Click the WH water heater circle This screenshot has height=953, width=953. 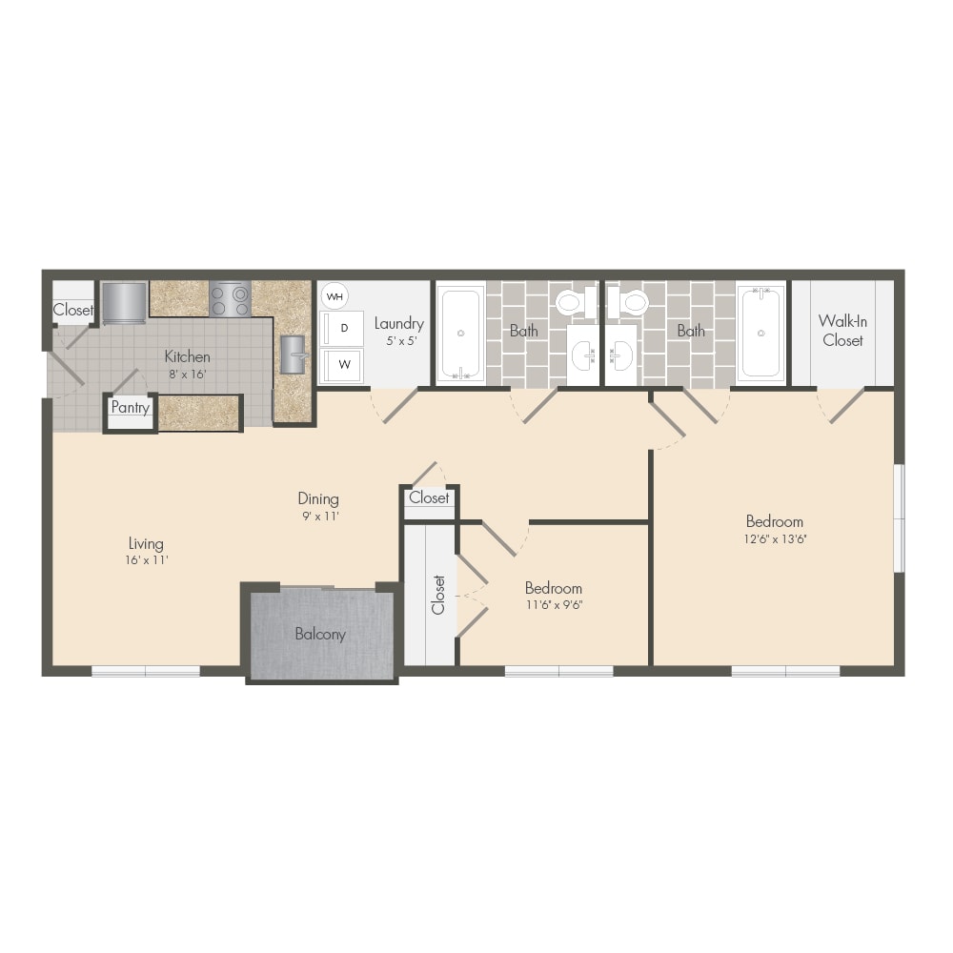coord(335,296)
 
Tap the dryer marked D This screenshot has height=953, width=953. coord(341,328)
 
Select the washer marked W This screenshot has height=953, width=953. coord(341,365)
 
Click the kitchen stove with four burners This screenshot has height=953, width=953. coord(231,299)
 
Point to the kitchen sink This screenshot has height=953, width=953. coord(293,355)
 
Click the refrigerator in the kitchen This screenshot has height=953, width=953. coord(125,303)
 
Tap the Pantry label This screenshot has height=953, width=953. coord(130,407)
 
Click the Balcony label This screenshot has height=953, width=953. coord(320,634)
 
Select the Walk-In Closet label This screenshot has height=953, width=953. coord(843,331)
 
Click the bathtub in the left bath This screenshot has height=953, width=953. coord(460,333)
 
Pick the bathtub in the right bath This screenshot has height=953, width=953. coord(760,333)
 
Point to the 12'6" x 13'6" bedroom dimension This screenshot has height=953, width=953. coord(775,539)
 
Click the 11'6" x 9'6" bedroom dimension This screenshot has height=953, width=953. coord(555,605)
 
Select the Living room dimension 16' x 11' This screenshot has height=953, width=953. coord(147,560)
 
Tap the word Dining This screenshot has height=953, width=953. coord(318,499)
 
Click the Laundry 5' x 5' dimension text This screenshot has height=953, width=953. coord(402,341)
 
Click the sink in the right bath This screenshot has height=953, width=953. coord(620,355)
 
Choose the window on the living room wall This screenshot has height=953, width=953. coord(146,671)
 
